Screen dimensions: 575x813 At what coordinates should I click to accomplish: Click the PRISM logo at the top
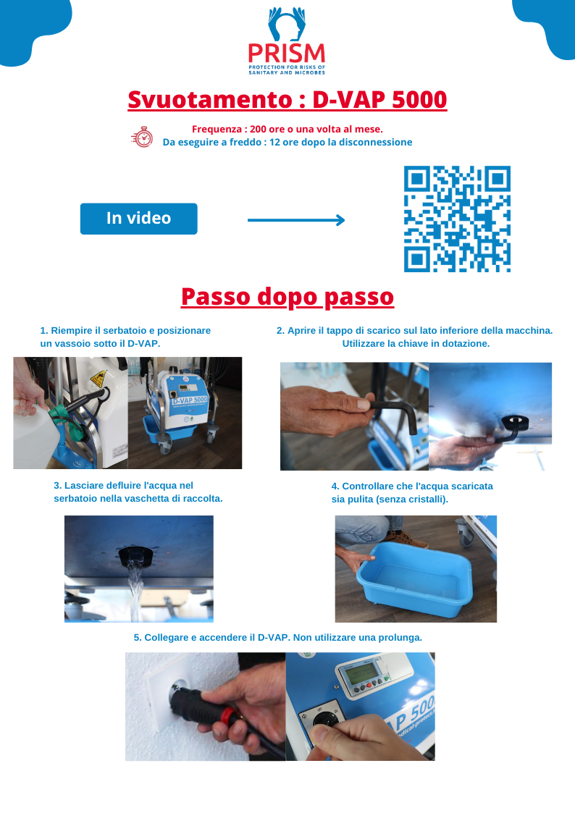(287, 41)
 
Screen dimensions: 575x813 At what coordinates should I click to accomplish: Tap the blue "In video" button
(138, 219)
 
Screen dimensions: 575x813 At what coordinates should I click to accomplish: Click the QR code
(457, 219)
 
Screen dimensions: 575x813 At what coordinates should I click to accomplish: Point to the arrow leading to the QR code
(296, 220)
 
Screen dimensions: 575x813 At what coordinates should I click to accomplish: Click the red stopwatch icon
(142, 137)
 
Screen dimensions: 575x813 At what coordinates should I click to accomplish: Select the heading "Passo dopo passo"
(287, 297)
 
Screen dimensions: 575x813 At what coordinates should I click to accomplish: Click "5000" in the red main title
(419, 100)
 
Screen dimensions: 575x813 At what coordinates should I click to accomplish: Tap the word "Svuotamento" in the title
(210, 100)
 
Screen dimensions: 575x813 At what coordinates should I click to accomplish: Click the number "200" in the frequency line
(259, 129)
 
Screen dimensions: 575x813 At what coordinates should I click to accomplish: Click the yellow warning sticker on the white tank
(98, 379)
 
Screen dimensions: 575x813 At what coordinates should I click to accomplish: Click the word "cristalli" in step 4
(426, 500)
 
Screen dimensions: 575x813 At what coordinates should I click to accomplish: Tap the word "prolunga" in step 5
(400, 638)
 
